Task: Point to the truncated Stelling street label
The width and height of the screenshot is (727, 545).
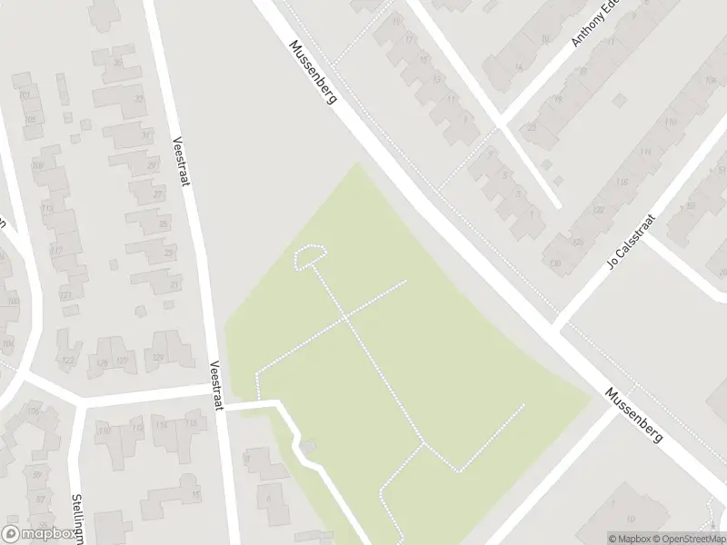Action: point(76,518)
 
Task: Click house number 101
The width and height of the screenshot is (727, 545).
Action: point(25,95)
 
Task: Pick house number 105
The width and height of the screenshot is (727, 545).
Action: point(30,119)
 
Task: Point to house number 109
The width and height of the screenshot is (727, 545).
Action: point(37,164)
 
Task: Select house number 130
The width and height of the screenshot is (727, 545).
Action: point(554,263)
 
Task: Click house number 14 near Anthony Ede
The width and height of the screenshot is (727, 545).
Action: point(520,66)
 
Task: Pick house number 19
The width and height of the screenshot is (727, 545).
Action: point(397,20)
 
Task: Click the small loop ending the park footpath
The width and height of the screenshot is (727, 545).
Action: point(310,257)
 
